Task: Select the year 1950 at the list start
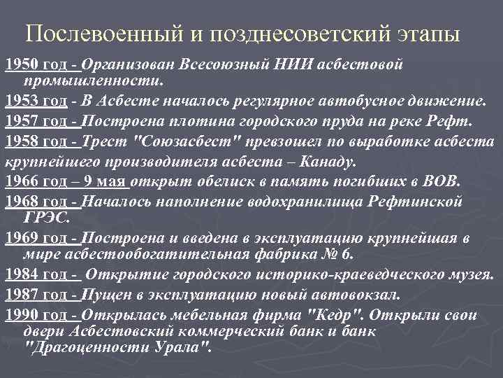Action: click(x=19, y=65)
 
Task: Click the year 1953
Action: click(x=19, y=101)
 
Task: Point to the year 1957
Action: click(x=19, y=120)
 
